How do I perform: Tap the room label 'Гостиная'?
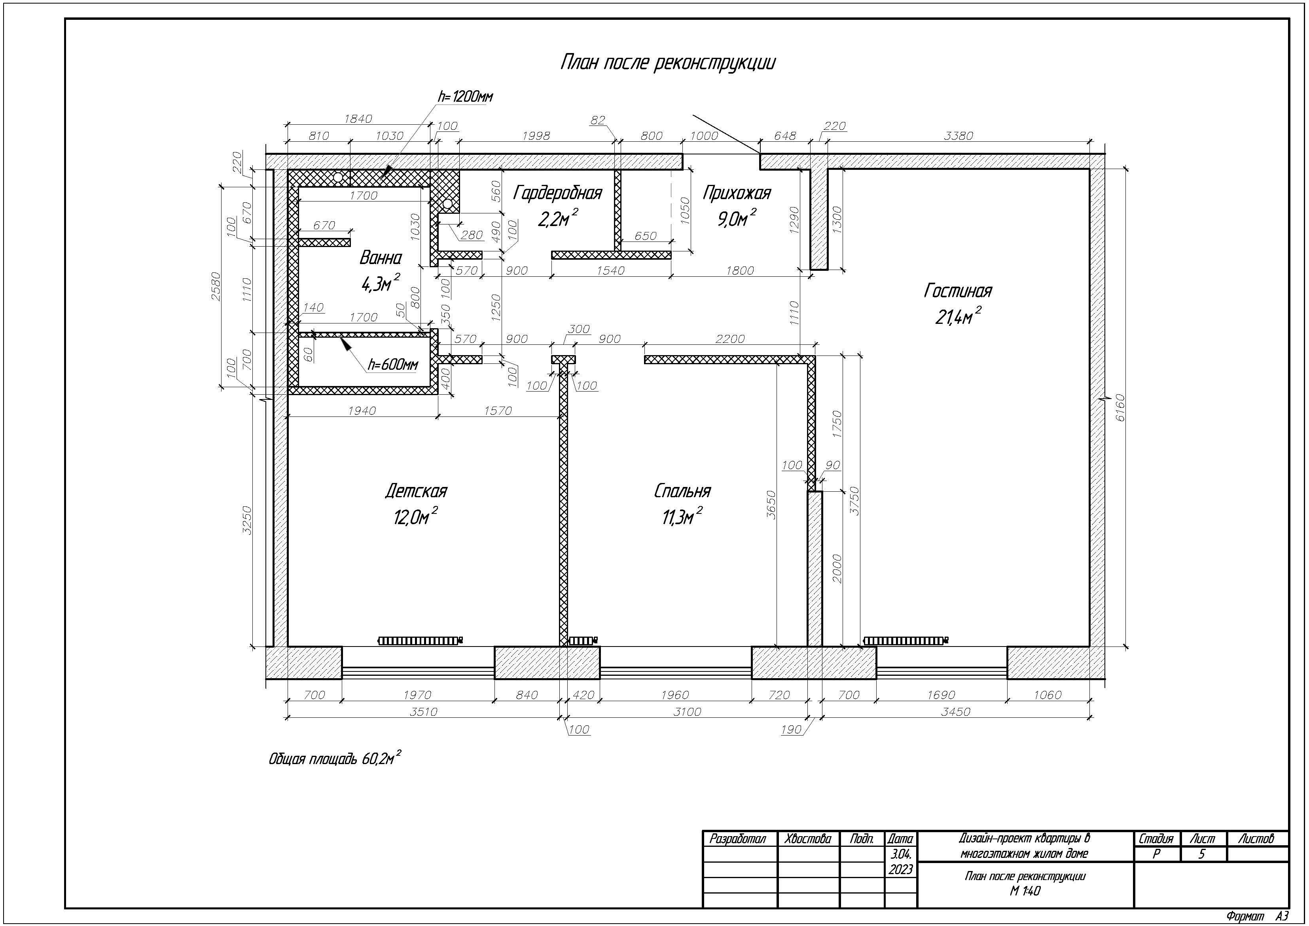[958, 291]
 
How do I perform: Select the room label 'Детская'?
[416, 491]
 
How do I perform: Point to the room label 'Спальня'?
[682, 491]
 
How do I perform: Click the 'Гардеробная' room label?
[557, 193]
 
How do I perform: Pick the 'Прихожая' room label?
[737, 193]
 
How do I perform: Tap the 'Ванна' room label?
[380, 258]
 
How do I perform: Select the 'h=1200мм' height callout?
[465, 97]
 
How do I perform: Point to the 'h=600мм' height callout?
[393, 364]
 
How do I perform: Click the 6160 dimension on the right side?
[1120, 407]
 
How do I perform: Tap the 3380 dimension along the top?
[959, 136]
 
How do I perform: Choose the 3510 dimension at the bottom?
[424, 711]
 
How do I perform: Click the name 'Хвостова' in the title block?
[807, 839]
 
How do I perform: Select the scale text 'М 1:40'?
[1025, 891]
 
